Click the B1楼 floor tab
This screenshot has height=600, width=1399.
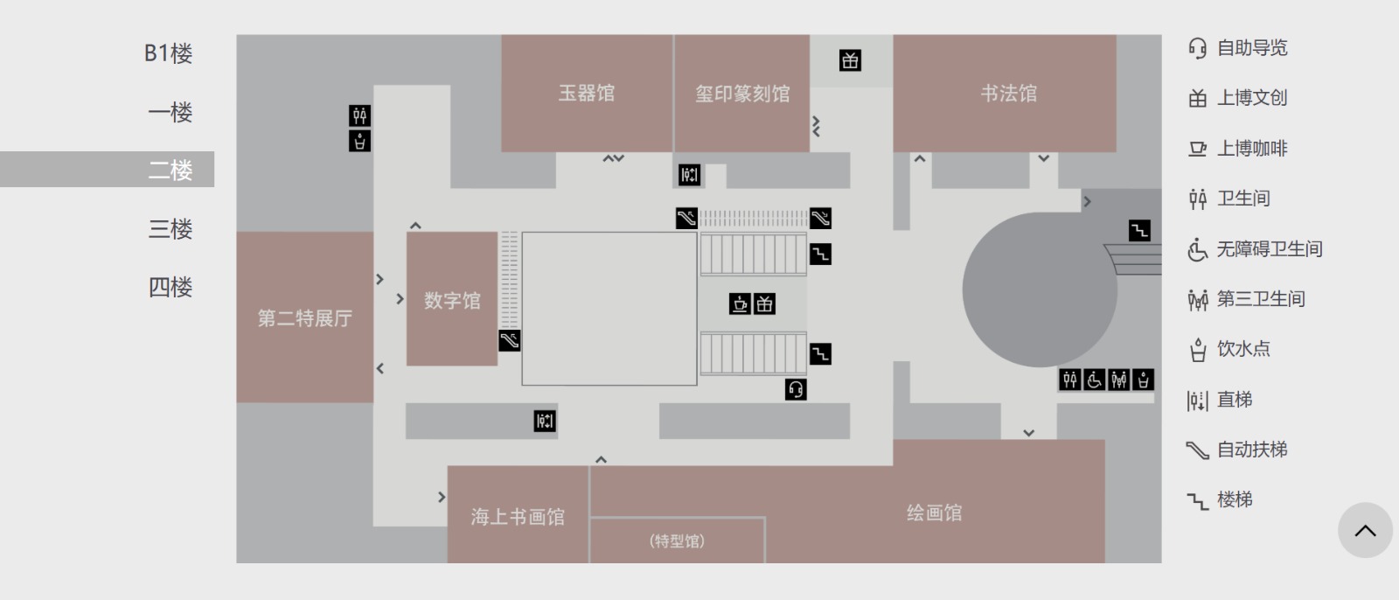pyautogui.click(x=169, y=53)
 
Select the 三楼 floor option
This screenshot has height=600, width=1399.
pyautogui.click(x=171, y=229)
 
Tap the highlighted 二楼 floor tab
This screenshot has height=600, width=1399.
pyautogui.click(x=171, y=170)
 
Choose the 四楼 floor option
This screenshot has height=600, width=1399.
pyautogui.click(x=171, y=287)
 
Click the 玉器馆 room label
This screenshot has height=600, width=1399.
pyautogui.click(x=587, y=93)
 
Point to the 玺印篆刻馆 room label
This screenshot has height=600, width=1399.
pyautogui.click(x=742, y=94)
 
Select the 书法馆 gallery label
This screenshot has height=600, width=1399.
pyautogui.click(x=1008, y=94)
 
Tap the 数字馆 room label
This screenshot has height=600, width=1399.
pyautogui.click(x=452, y=300)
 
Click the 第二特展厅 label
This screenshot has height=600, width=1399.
pyautogui.click(x=305, y=318)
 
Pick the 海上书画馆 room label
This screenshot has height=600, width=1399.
pyautogui.click(x=518, y=517)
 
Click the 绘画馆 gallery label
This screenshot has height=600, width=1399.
pyautogui.click(x=934, y=513)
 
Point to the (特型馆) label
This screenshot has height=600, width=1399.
pyautogui.click(x=677, y=541)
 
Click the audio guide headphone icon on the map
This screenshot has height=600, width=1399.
pyautogui.click(x=796, y=389)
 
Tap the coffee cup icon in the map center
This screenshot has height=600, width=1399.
pyautogui.click(x=741, y=303)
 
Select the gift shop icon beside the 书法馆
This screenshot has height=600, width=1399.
pyautogui.click(x=850, y=60)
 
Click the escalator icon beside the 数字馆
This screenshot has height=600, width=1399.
pyautogui.click(x=510, y=340)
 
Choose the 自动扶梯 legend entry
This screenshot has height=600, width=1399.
pyautogui.click(x=1237, y=450)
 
